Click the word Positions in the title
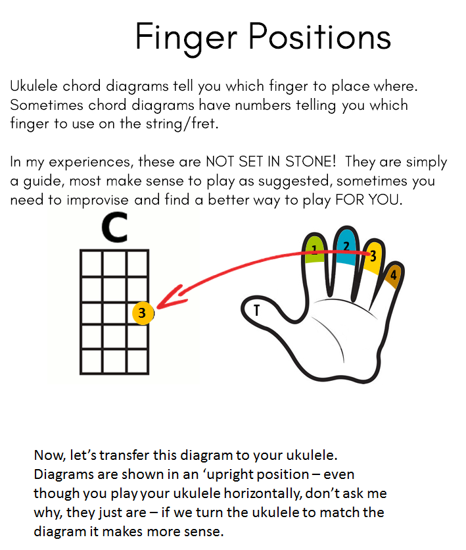(x=319, y=36)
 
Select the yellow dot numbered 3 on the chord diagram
(x=143, y=312)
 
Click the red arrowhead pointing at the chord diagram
(x=172, y=297)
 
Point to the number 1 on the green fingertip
(x=314, y=250)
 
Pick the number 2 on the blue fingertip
(x=346, y=247)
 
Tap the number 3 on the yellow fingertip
(x=373, y=256)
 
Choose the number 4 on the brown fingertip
(x=394, y=275)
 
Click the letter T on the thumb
(x=256, y=310)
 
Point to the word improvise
(x=98, y=200)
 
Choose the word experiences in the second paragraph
(x=91, y=162)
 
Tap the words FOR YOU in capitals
(x=369, y=200)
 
